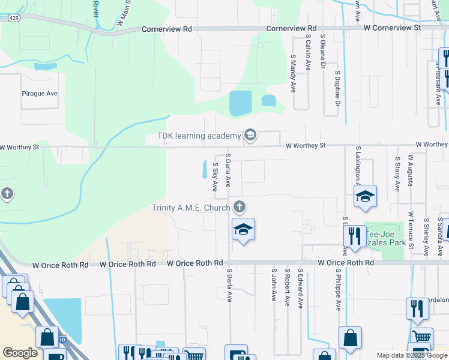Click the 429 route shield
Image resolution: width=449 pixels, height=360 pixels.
[x=13, y=19]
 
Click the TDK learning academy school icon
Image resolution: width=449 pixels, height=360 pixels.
[x=250, y=136]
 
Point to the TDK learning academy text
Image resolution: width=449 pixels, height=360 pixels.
[x=199, y=136]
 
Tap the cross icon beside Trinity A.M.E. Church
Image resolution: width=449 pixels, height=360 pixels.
[x=240, y=208]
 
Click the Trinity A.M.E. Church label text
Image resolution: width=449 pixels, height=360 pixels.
[x=191, y=208]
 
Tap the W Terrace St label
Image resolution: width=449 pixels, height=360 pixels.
[x=411, y=230]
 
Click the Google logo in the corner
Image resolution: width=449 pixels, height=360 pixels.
[x=20, y=353]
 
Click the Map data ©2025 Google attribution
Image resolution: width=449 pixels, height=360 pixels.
[x=412, y=355]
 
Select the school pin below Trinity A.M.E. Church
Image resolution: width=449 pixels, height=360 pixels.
[x=243, y=230]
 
